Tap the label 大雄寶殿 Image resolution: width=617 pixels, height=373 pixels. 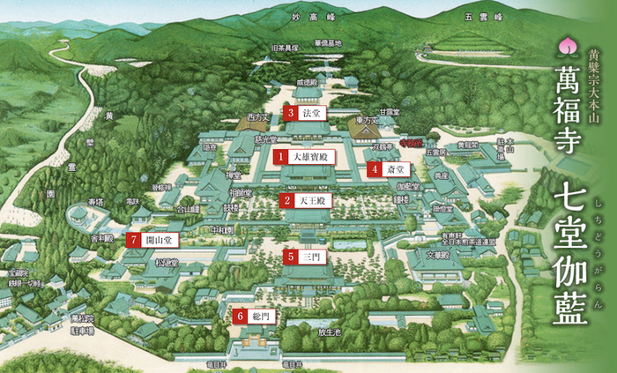tap(313, 157)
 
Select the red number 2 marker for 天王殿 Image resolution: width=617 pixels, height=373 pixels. tap(287, 201)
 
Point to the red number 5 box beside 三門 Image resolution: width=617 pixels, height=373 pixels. tap(290, 256)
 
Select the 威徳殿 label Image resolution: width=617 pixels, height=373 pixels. tap(306, 82)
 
